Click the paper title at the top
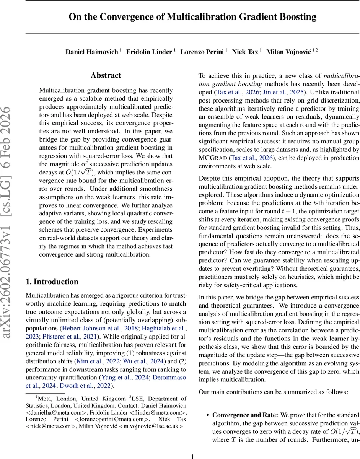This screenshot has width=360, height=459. pos(192,17)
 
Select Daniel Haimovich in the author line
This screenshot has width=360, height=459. pos(91,52)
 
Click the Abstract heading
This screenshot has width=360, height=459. pos(106,75)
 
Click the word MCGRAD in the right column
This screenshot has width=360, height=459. pos(213,158)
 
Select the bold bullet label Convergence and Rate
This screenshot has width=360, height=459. pos(245,415)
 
